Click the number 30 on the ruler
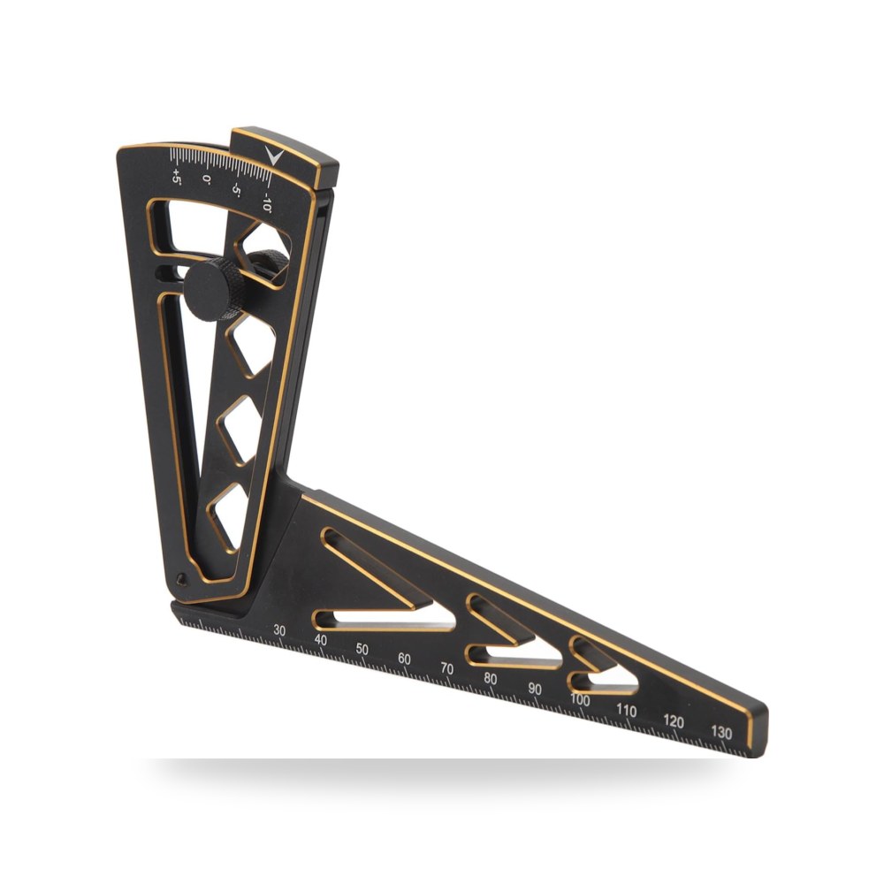point(279,630)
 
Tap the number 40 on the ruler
point(321,640)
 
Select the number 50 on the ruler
point(362,649)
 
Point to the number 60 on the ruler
point(404,659)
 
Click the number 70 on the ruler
point(447,668)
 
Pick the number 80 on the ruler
point(491,679)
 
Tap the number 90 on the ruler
point(535,689)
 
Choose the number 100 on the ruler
point(580,699)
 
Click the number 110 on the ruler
point(627,710)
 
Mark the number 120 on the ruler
point(674,721)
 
